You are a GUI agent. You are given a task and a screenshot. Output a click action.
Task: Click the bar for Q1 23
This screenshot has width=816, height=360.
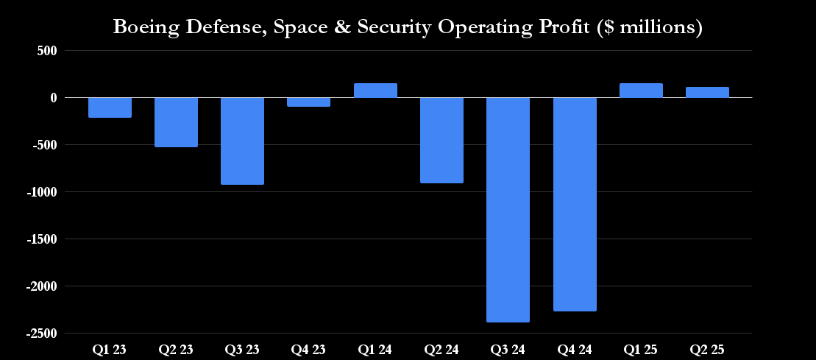[110, 107]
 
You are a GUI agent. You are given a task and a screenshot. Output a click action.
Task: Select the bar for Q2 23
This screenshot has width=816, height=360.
[176, 122]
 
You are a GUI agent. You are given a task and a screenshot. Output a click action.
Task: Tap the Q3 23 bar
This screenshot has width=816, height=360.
[242, 141]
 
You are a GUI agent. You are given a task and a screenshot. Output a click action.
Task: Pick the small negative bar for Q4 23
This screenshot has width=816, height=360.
[308, 102]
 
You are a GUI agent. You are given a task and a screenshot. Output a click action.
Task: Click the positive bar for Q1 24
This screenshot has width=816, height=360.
[375, 91]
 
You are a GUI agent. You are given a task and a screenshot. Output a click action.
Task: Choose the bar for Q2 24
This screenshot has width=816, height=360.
[441, 140]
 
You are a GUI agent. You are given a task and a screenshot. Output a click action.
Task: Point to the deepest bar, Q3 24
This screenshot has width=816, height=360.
[508, 210]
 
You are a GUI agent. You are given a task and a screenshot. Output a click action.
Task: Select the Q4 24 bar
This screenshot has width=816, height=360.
[575, 204]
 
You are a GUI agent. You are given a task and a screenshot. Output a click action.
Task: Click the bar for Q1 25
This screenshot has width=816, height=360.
[641, 91]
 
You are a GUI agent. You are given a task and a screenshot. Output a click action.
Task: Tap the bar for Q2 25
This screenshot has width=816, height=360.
[707, 92]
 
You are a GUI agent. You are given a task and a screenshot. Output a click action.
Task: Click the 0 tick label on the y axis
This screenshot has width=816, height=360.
[54, 98]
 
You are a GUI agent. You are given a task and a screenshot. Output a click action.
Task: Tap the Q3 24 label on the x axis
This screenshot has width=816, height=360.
[508, 350]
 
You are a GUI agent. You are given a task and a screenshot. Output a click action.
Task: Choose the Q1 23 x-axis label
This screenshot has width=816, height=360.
[110, 350]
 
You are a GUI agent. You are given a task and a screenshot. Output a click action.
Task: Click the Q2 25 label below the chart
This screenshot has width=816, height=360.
[707, 350]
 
